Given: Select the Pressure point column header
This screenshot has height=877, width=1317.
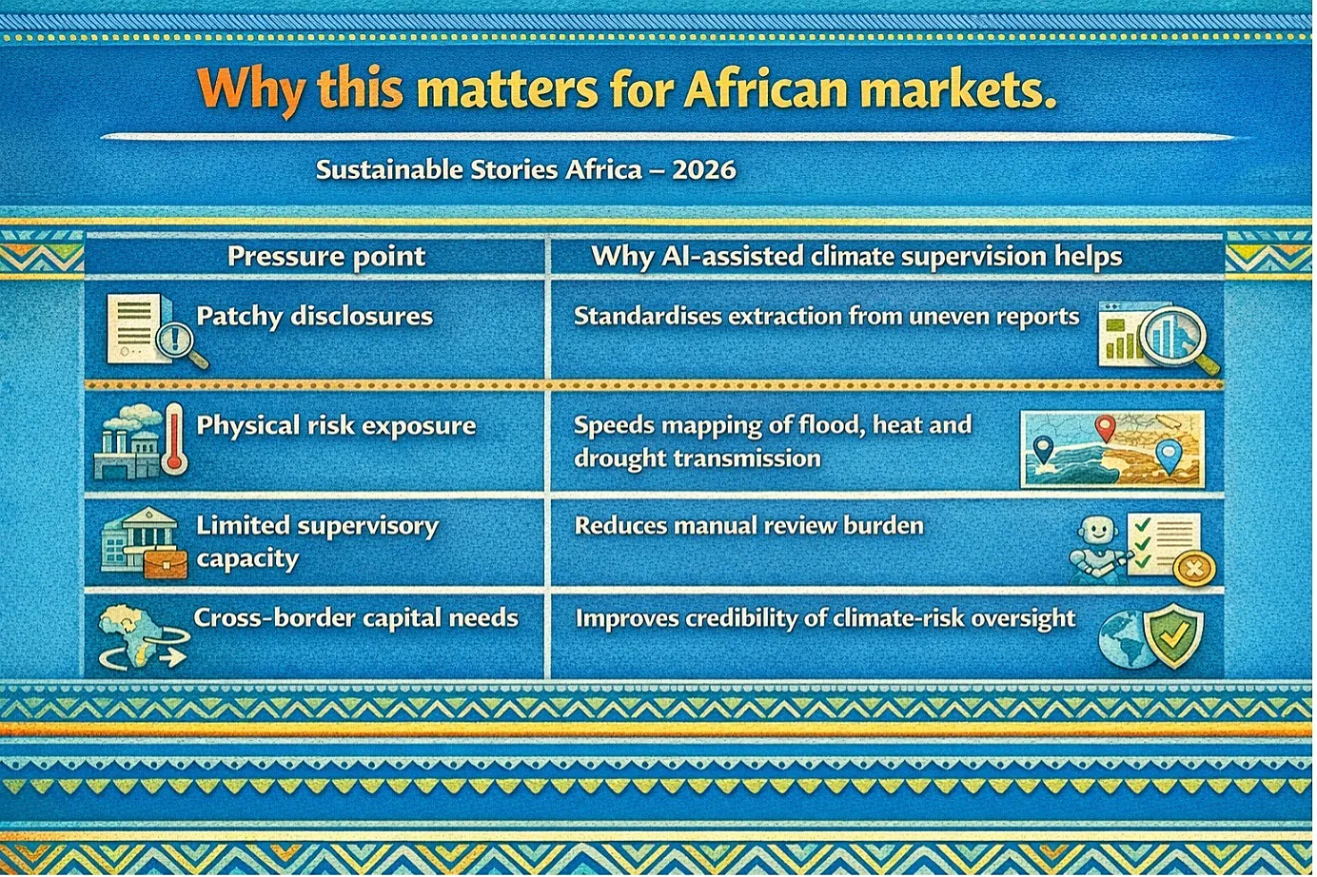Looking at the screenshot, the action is click(326, 257).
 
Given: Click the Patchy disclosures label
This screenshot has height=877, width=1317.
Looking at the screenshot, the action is click(315, 317).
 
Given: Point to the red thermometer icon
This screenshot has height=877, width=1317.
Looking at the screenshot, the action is click(174, 438).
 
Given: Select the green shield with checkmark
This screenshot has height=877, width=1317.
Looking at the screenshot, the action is click(1173, 635).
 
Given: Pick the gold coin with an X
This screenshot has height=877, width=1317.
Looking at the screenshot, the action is click(1194, 569).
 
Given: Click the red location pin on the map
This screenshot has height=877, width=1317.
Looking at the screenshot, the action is click(1106, 427).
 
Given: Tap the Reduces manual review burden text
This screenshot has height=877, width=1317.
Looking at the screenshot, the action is click(749, 525).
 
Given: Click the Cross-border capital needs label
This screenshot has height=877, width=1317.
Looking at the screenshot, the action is click(356, 617).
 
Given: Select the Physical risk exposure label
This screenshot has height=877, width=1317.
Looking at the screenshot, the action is click(336, 425).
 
